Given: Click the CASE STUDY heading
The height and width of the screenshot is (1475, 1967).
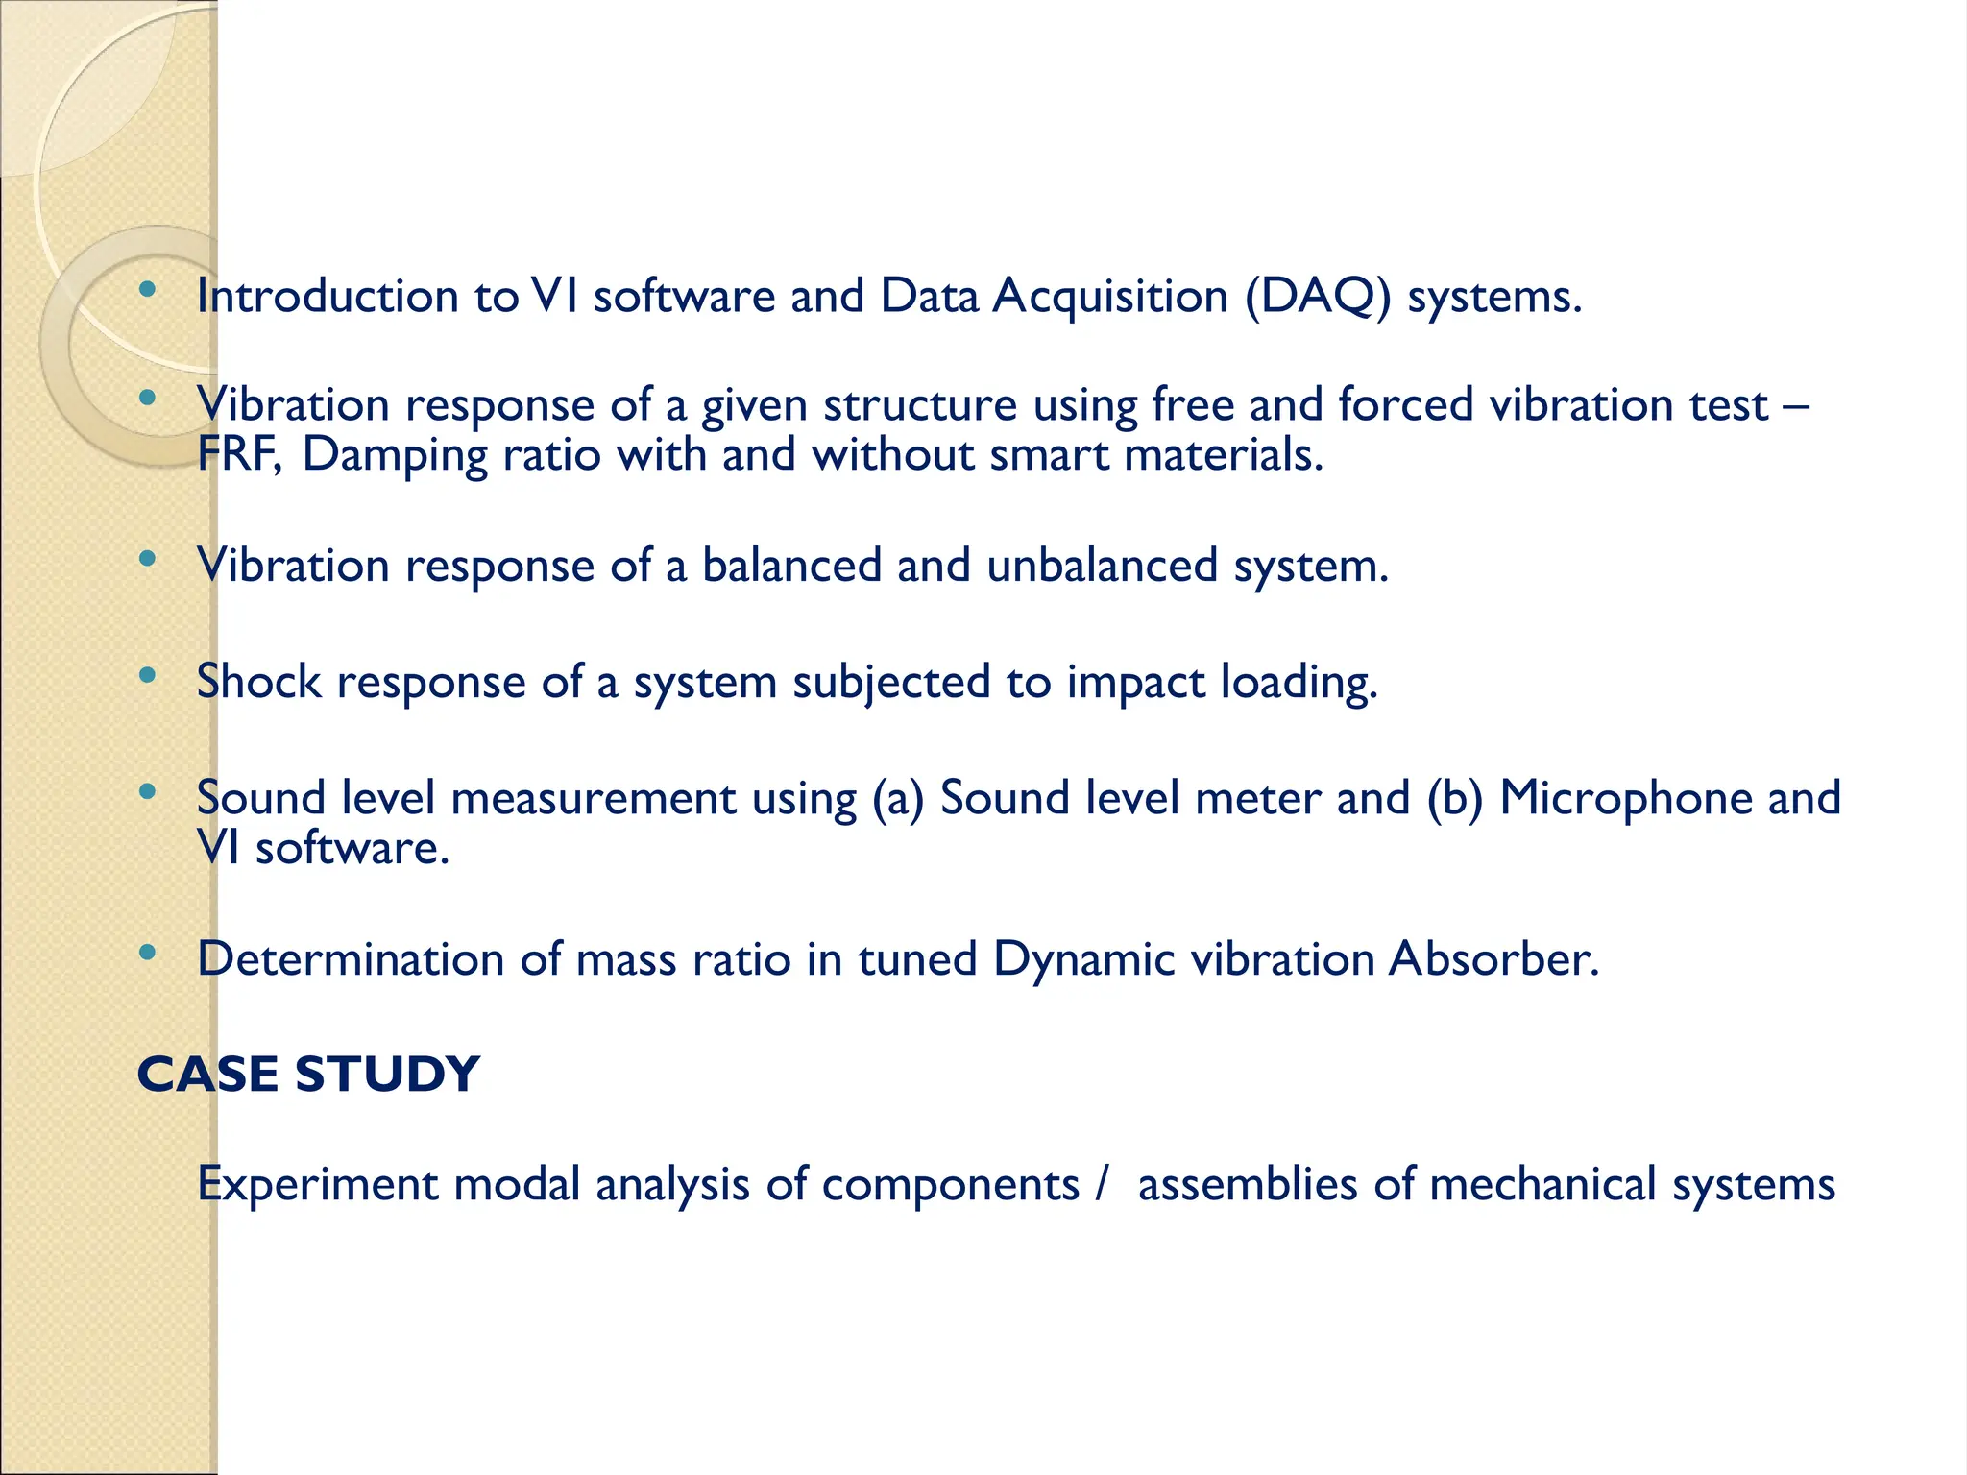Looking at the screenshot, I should [308, 1074].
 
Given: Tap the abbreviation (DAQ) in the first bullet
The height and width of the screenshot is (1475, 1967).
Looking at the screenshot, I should [1318, 296].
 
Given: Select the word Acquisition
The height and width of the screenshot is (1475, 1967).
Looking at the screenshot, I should [1110, 296].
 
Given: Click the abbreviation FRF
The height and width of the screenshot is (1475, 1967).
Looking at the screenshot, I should [238, 454].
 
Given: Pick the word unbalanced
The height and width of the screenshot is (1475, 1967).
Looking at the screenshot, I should [1102, 565].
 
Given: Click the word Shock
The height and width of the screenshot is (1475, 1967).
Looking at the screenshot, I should [258, 681].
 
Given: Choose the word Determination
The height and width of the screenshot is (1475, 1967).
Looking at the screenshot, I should [351, 958].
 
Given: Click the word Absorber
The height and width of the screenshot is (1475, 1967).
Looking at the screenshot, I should [1493, 958].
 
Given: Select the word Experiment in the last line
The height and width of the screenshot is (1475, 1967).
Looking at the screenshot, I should [317, 1184].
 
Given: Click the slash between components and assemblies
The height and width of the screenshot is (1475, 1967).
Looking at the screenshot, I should [1102, 1184].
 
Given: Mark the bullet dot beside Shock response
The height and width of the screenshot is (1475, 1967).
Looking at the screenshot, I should [147, 676].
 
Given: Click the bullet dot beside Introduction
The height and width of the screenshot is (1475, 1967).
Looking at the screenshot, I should [147, 289].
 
